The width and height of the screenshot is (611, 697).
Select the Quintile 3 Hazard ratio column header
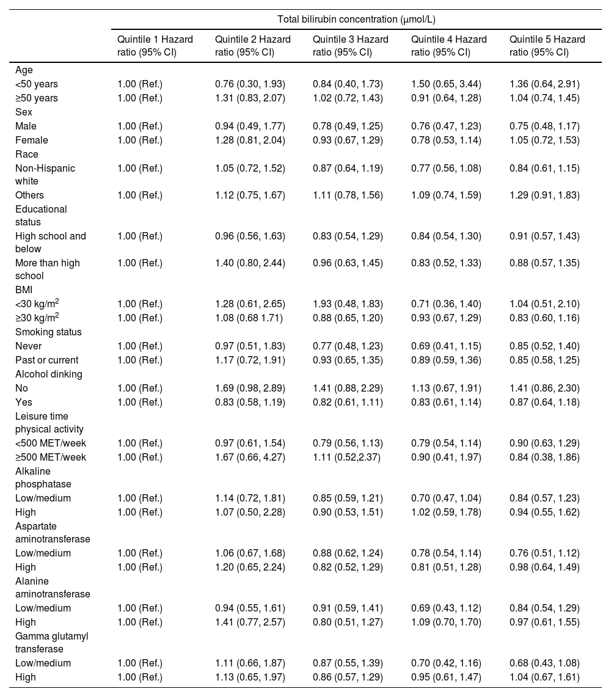[x=350, y=46]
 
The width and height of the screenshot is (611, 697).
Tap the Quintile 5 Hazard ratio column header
[x=547, y=46]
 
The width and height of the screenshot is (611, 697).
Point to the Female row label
[x=31, y=140]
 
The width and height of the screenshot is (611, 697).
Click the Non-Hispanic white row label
[x=45, y=174]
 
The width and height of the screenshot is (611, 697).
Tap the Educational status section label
[x=41, y=216]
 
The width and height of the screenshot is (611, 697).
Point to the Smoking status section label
[x=48, y=332]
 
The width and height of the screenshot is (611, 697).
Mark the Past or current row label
[x=47, y=360]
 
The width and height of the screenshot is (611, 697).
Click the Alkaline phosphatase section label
[x=43, y=478]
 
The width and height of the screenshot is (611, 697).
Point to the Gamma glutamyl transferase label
[x=51, y=643]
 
